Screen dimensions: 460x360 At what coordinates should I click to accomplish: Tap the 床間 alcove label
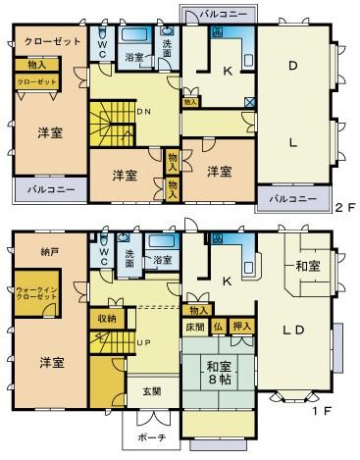(194, 326)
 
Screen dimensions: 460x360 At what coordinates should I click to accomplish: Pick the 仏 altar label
(218, 326)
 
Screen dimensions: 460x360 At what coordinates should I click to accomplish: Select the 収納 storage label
(106, 318)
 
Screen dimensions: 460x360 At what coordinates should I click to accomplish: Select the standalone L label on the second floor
(292, 140)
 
